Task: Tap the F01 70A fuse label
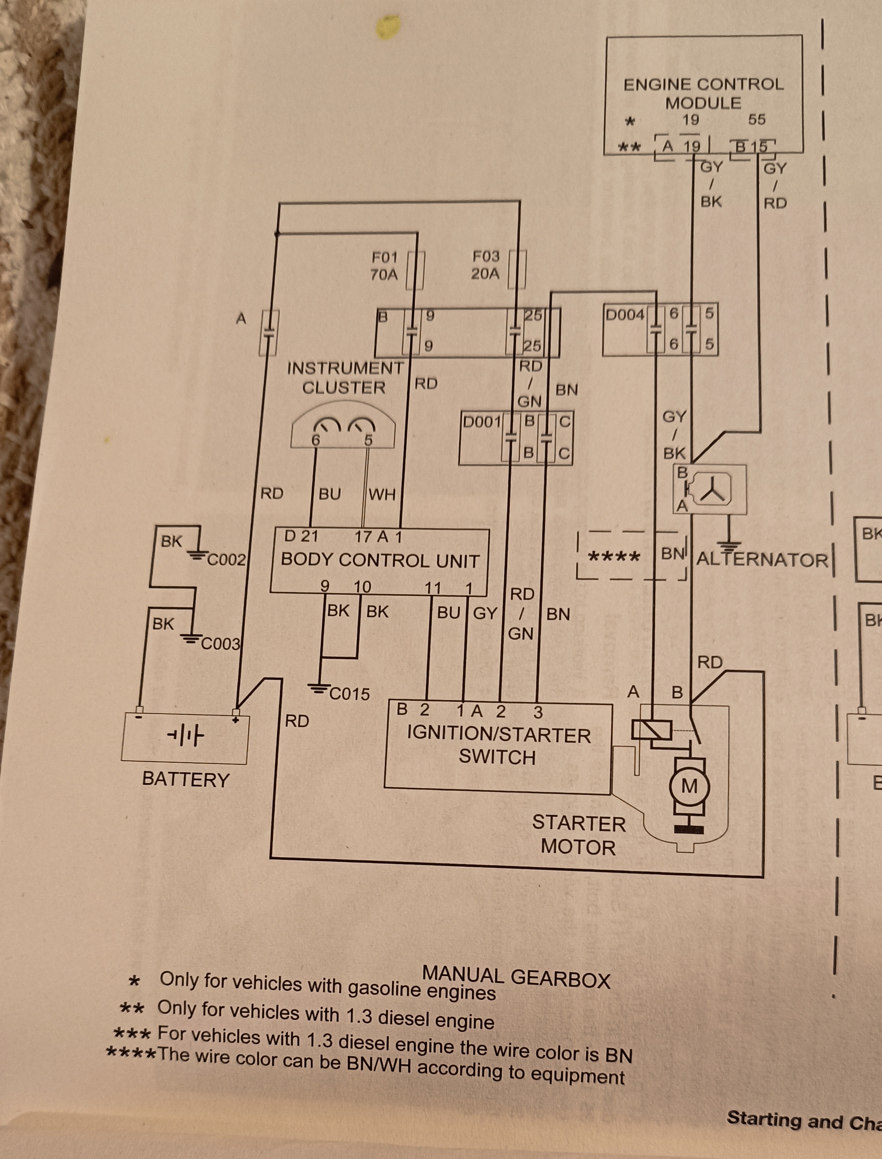(384, 266)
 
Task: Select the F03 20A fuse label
(486, 264)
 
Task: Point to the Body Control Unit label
(380, 560)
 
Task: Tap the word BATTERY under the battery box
(186, 779)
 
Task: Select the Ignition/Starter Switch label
(498, 746)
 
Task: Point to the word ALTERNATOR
(762, 560)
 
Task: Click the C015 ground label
(349, 694)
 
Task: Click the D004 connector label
(625, 315)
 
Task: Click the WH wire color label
(382, 494)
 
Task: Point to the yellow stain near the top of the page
(388, 26)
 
